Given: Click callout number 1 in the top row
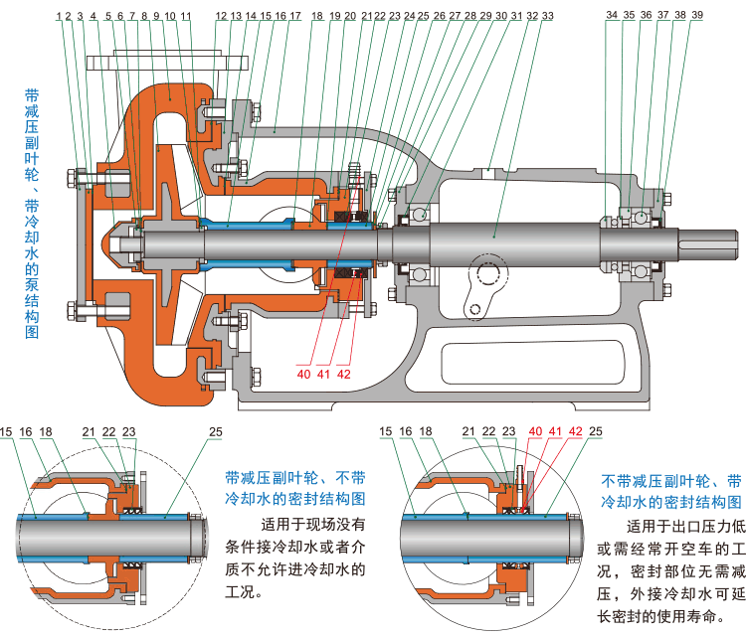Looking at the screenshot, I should tap(61, 16).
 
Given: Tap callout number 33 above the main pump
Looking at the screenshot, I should tap(547, 16).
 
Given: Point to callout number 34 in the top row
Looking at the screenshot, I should tap(612, 16).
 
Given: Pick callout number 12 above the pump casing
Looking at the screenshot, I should tap(221, 16).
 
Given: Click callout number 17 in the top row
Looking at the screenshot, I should tap(294, 16).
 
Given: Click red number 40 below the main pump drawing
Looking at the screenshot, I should tap(302, 374).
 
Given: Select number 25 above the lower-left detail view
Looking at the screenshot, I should tap(216, 432).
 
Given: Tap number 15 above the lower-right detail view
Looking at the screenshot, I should tap(389, 432).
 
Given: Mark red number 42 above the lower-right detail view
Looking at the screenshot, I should tap(575, 432).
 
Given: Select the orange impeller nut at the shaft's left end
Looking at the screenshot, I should tap(120, 243).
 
